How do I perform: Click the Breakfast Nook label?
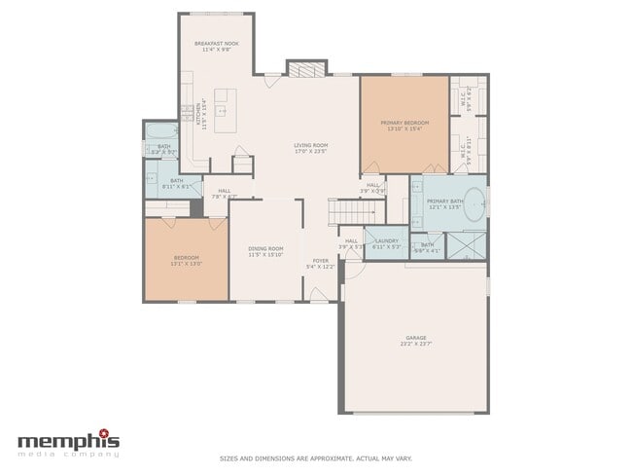coord(217,44)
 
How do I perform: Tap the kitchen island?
coord(225,110)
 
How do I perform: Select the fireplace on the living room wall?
coord(300,68)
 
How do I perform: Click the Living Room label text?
coord(311,146)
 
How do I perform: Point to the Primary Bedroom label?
coord(404,123)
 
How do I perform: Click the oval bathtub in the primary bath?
coord(474,205)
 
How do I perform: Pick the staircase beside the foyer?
coord(344,209)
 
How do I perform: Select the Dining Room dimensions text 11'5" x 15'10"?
coord(264,254)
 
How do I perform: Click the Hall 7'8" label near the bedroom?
coord(224,193)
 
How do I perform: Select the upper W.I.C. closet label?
coord(464,98)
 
